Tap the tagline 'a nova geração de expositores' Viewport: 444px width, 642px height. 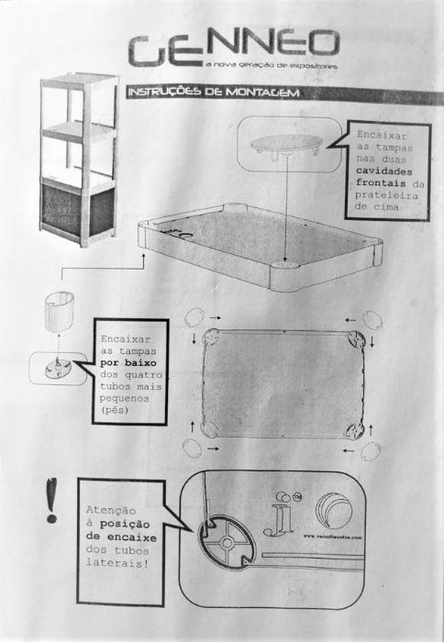pos(272,66)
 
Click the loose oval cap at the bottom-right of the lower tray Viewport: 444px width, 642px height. pos(371,452)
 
